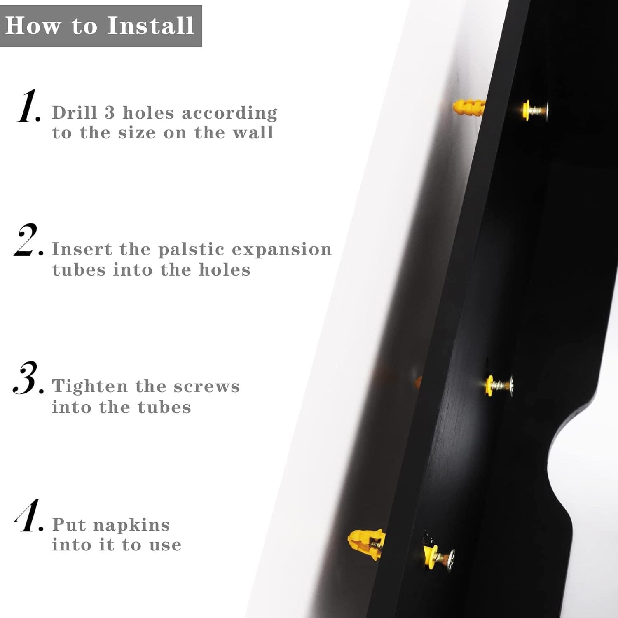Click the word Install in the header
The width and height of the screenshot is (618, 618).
(151, 26)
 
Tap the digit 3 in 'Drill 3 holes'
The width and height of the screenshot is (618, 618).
(109, 112)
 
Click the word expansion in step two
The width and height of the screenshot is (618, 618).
(282, 250)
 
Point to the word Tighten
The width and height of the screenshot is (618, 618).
(90, 387)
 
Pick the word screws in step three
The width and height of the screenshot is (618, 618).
(206, 387)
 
